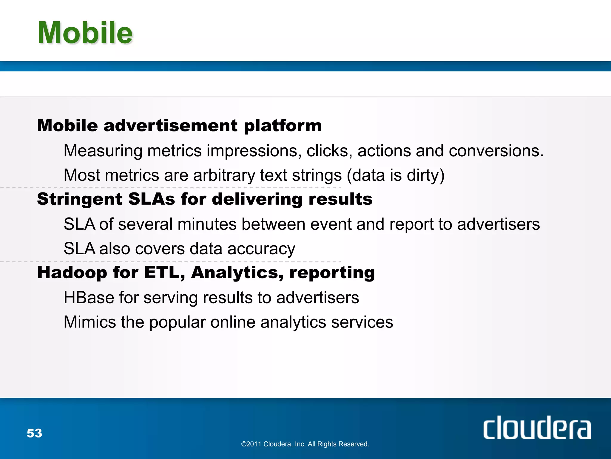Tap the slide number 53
[x=34, y=433]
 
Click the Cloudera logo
[x=537, y=428]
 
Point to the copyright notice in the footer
[x=305, y=444]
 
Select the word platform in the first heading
[x=283, y=126]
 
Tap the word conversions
[x=496, y=151]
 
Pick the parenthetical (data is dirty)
[x=396, y=175]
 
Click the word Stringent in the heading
[x=79, y=199]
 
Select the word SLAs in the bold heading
[x=152, y=199]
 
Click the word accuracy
[x=261, y=249]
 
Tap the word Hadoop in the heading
[x=72, y=273]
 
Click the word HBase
[x=89, y=298]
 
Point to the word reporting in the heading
[x=332, y=273]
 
